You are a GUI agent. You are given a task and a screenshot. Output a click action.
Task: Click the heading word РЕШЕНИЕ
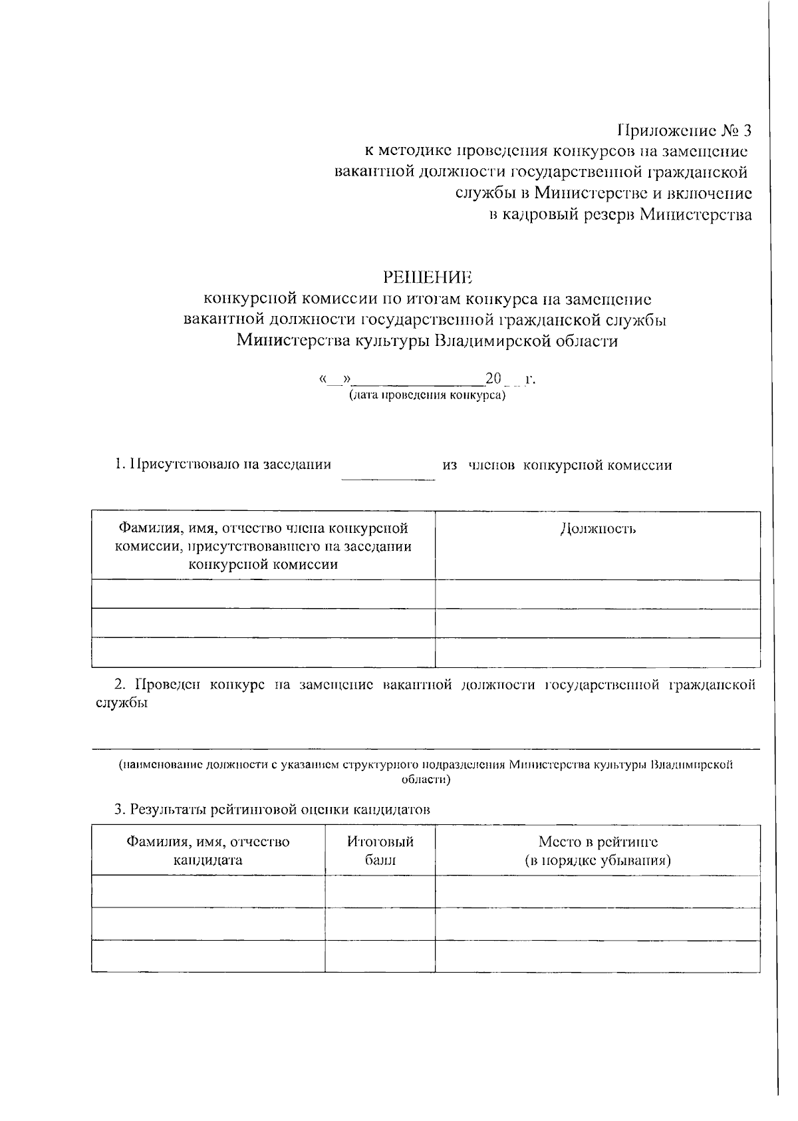pos(427,277)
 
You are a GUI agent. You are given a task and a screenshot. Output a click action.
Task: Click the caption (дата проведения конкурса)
pos(427,395)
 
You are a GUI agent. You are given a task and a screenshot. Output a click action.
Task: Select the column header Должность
pos(598,529)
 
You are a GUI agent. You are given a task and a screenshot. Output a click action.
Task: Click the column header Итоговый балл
pos(380,850)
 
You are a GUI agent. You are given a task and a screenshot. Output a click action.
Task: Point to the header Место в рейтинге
pos(598,842)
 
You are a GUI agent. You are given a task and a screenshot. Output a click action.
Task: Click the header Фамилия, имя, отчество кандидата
pos(208,850)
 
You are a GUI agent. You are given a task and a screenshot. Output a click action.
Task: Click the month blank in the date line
pos(419,384)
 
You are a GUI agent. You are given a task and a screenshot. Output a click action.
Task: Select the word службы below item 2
pos(120,703)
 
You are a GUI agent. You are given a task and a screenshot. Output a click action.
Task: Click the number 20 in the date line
pos(493,379)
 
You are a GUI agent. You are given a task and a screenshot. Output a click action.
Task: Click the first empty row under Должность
pos(598,594)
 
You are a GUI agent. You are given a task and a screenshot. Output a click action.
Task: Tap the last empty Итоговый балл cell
pos(380,956)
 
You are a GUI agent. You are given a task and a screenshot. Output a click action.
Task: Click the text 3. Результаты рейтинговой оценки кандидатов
pos(272,810)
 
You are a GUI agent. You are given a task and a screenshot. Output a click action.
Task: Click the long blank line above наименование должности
pos(426,748)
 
